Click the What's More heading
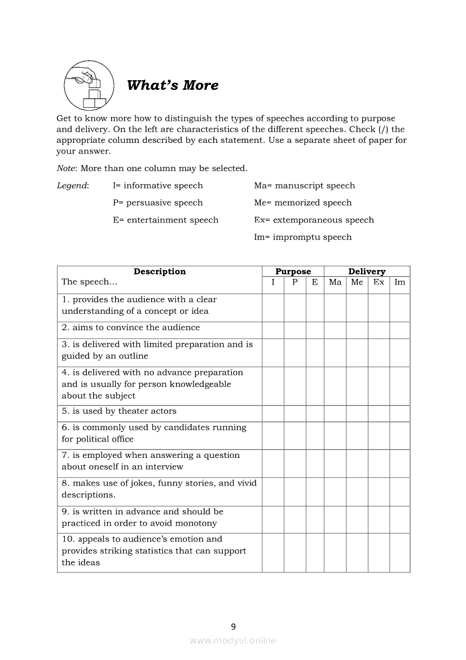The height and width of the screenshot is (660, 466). (x=173, y=85)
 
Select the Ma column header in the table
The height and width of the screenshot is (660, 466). (x=335, y=282)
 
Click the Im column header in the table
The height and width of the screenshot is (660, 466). (x=400, y=282)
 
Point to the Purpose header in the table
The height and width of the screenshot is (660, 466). (x=293, y=272)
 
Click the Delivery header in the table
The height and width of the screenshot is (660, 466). (x=367, y=272)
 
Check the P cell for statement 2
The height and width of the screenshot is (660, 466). (x=295, y=330)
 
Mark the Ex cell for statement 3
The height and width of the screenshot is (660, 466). (x=379, y=353)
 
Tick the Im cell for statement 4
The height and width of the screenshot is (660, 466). (x=400, y=386)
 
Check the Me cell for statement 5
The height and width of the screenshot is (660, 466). (x=357, y=414)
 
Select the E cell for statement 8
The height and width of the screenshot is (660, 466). (x=315, y=492)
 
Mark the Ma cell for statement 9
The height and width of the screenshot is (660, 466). (x=335, y=520)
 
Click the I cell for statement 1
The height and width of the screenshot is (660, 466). (x=273, y=308)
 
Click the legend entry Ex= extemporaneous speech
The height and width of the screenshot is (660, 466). (x=314, y=220)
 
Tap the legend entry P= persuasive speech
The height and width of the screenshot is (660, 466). (x=157, y=203)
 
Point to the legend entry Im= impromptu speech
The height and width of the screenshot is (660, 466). (x=302, y=237)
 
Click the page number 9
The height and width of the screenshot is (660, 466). (x=234, y=626)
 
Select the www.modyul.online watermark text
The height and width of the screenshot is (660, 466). (x=233, y=641)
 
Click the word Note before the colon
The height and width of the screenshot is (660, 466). (x=66, y=168)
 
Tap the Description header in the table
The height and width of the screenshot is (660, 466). (x=160, y=272)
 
